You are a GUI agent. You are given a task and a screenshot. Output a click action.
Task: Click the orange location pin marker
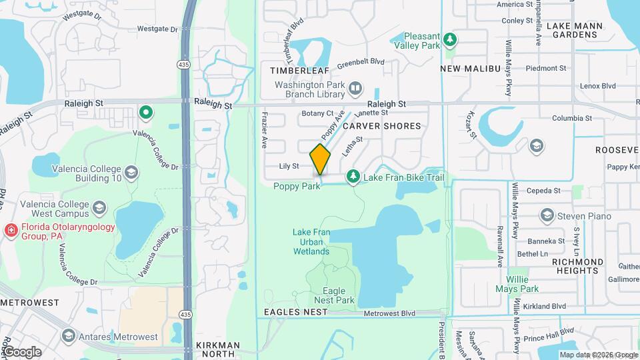click(x=321, y=159)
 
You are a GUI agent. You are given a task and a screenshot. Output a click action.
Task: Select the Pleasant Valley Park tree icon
click(x=451, y=39)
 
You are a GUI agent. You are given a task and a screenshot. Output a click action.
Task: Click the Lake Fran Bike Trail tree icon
click(x=353, y=177)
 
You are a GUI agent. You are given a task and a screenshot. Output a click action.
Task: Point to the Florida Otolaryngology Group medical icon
click(x=11, y=231)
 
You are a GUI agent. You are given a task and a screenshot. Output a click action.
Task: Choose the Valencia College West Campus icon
click(x=99, y=208)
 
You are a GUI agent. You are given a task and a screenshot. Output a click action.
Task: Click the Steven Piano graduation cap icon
click(x=547, y=215)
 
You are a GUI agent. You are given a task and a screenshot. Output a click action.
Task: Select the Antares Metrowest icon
click(x=68, y=335)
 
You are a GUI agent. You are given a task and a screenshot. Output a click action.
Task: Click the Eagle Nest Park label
click(x=334, y=296)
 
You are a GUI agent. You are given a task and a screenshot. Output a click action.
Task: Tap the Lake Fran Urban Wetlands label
click(x=311, y=241)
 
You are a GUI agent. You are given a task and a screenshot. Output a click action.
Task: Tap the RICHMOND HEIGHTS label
click(x=577, y=266)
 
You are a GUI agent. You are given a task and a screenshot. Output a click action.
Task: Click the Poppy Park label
click(x=297, y=187)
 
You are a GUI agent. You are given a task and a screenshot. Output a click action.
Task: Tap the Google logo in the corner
click(x=22, y=351)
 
